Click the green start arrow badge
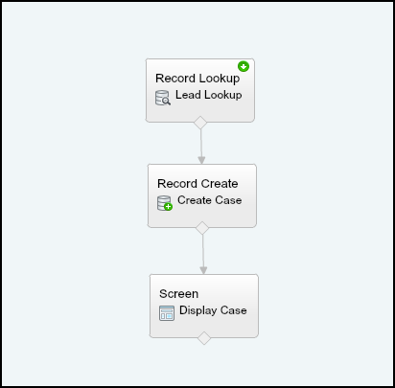point(244,66)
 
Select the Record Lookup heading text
point(197,79)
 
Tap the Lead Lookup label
point(209,95)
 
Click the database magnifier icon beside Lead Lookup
point(163,98)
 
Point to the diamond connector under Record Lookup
point(200,123)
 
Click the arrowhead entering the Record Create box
point(201,160)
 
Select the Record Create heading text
point(197,184)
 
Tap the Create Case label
point(210,200)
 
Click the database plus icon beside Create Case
point(165,203)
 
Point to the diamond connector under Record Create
point(202,228)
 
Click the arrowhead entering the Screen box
point(203,270)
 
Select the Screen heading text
point(178,294)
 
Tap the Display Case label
point(213,310)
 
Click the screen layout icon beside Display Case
point(167,313)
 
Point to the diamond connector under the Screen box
point(204,338)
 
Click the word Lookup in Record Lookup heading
point(220,79)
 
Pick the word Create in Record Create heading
point(220,184)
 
